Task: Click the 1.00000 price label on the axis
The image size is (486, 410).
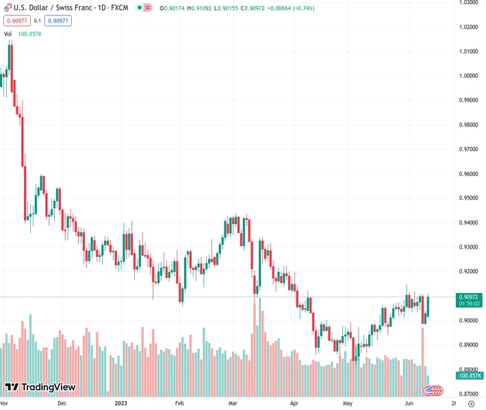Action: [468, 76]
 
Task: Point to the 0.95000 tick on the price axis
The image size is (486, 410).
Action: [468, 198]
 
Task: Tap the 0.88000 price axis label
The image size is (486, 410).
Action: [468, 369]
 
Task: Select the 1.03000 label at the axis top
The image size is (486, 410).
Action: [468, 3]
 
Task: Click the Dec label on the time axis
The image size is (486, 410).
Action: [62, 403]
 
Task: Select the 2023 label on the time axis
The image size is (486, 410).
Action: [121, 403]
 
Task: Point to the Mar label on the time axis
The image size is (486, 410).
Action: [233, 403]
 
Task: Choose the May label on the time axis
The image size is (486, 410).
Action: [347, 403]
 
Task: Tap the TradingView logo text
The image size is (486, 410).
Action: [48, 387]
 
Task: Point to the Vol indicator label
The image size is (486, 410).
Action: [8, 33]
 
